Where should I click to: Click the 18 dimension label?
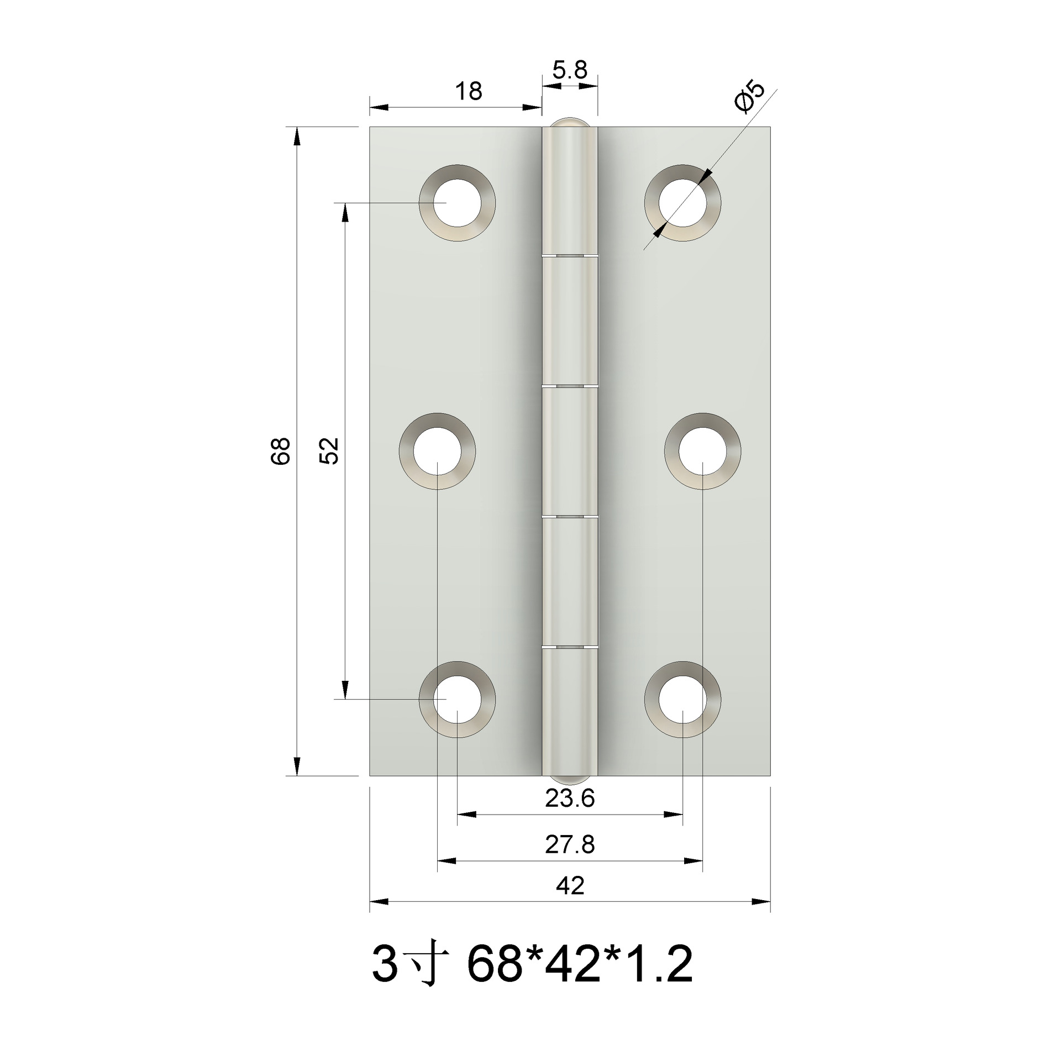pos(469,91)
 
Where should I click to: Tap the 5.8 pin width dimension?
pos(570,71)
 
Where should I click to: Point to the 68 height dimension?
pos(281,450)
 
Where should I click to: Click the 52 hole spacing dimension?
pos(329,450)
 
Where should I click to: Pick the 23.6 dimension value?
pos(570,799)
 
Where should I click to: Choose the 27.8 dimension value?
pos(570,845)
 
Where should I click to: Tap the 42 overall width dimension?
pos(570,886)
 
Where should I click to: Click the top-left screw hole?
pos(456,203)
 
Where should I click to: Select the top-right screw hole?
pos(682,203)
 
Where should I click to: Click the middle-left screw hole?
pos(437,450)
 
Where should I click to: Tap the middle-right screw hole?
pos(702,450)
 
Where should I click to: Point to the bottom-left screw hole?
pos(456,699)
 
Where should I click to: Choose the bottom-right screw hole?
pos(682,699)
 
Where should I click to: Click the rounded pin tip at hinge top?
pos(570,122)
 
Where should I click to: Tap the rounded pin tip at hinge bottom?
pos(570,779)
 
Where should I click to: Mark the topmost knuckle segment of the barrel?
pos(570,191)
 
